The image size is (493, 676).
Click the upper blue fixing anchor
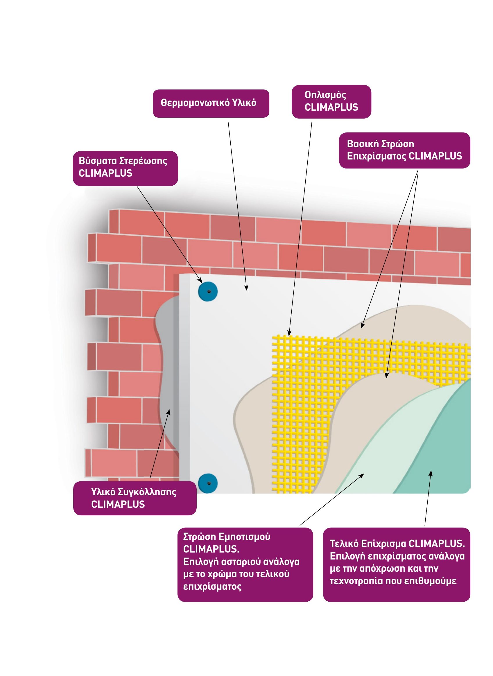pyautogui.click(x=208, y=291)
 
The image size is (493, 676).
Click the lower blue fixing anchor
pyautogui.click(x=208, y=483)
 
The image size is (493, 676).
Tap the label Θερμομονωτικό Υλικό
pyautogui.click(x=211, y=103)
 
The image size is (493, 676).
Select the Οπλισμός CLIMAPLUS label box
pyautogui.click(x=331, y=101)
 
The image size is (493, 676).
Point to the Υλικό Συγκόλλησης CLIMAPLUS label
pyautogui.click(x=135, y=498)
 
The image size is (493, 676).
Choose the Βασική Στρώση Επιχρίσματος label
pyautogui.click(x=404, y=150)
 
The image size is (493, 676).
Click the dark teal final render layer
pyautogui.click(x=442, y=448)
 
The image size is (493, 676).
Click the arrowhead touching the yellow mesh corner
pyautogui.click(x=289, y=333)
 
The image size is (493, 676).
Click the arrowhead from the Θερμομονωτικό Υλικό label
pyautogui.click(x=246, y=288)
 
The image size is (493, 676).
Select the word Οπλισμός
pyautogui.click(x=325, y=95)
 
